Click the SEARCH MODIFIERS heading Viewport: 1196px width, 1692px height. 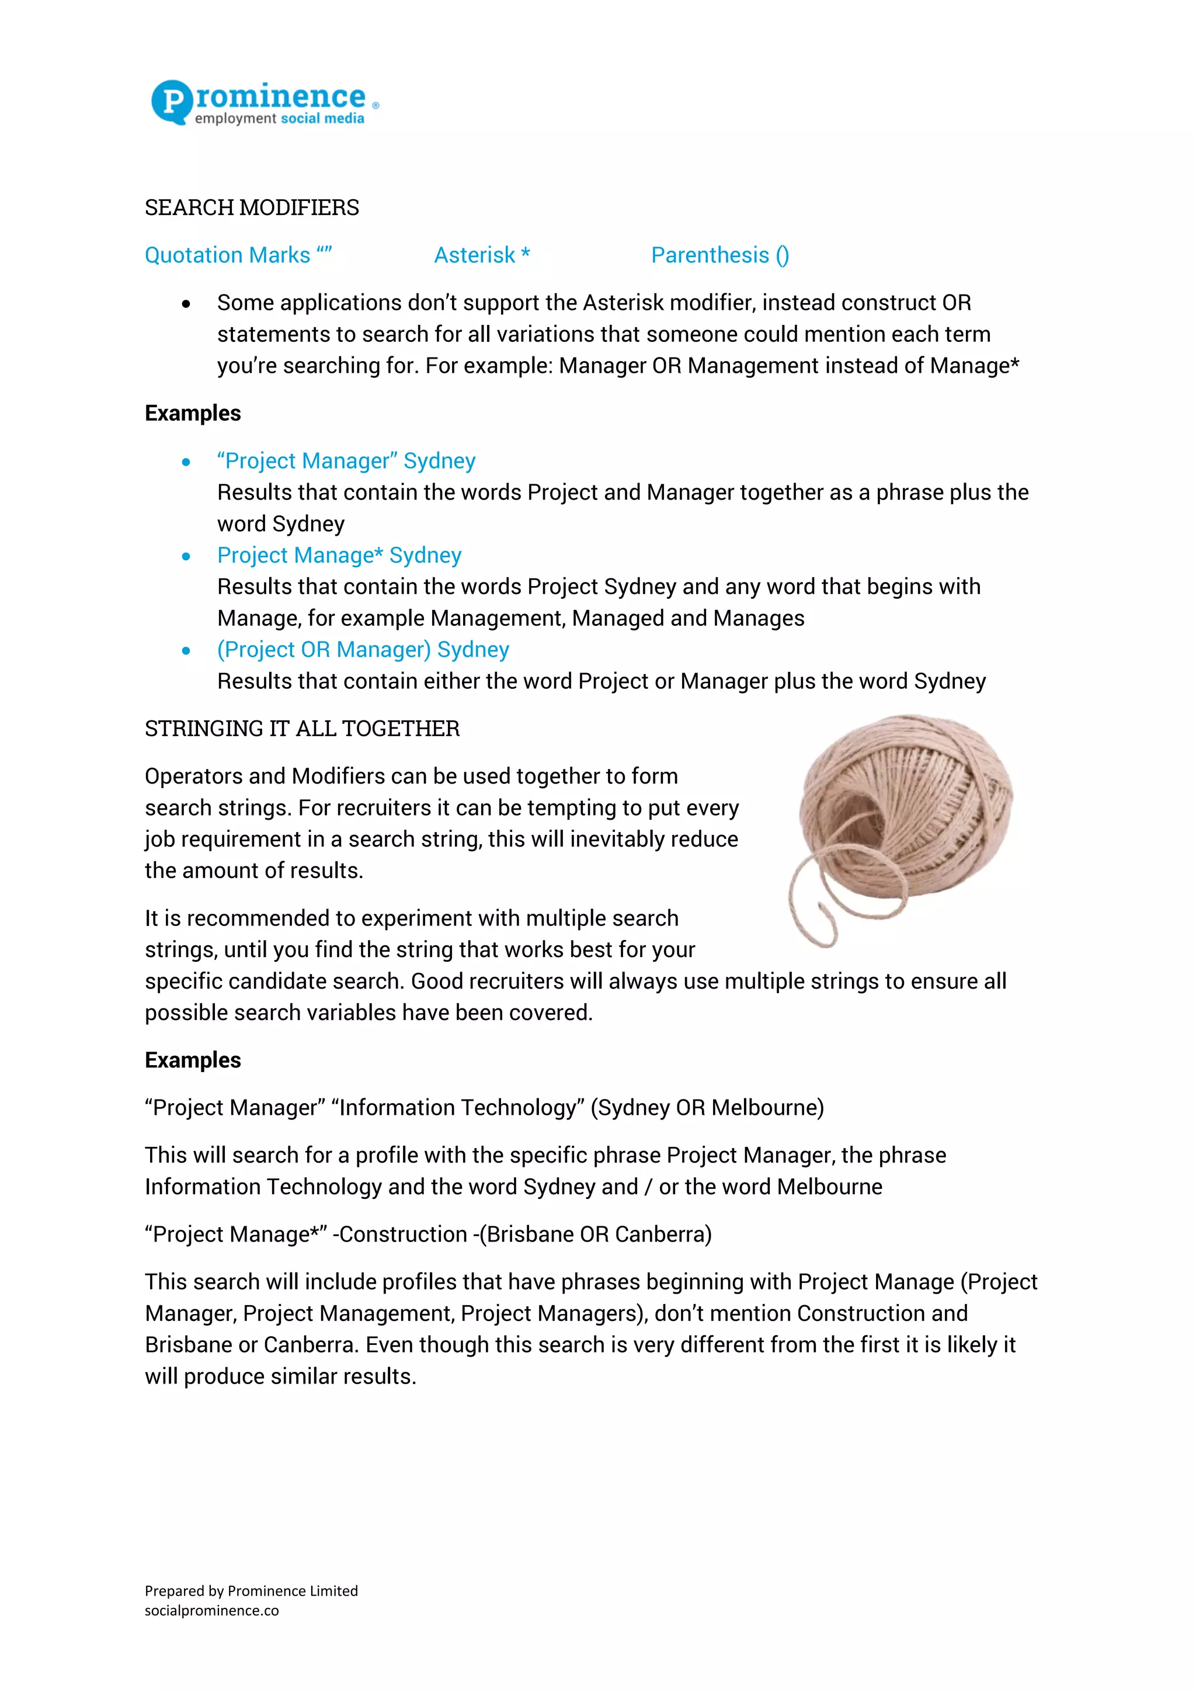(x=252, y=208)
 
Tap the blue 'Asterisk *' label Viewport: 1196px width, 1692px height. (x=482, y=255)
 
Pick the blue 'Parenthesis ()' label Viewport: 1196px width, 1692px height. (x=719, y=255)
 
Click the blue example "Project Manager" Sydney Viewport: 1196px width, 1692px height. (x=346, y=460)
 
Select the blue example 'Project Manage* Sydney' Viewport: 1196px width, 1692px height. (x=339, y=555)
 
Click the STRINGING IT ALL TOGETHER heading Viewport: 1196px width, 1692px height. (x=302, y=729)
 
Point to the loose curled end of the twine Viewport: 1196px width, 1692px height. (x=813, y=914)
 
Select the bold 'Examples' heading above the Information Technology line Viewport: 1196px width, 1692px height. (x=193, y=1060)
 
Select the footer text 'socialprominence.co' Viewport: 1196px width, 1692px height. (x=211, y=1611)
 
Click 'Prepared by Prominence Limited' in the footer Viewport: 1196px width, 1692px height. (x=251, y=1591)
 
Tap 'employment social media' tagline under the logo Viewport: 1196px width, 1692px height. (x=279, y=119)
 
